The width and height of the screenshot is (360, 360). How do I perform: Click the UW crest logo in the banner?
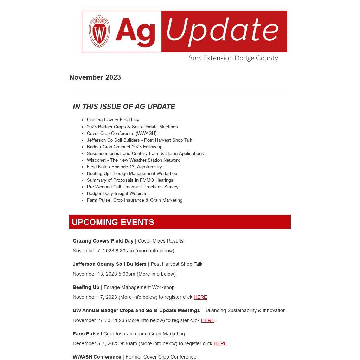pyautogui.click(x=99, y=31)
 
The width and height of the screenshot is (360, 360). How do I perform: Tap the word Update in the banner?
pyautogui.click(x=222, y=31)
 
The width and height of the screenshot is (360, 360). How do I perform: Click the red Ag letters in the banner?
pyautogui.click(x=135, y=32)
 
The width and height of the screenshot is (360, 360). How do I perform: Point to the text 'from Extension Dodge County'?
pyautogui.click(x=233, y=58)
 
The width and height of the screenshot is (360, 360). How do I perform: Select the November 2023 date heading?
pyautogui.click(x=95, y=77)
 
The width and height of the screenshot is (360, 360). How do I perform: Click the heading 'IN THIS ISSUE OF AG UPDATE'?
pyautogui.click(x=124, y=107)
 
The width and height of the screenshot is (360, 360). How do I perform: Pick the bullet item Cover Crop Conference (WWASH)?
pyautogui.click(x=122, y=133)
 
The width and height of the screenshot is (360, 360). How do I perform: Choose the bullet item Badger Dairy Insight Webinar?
pyautogui.click(x=116, y=193)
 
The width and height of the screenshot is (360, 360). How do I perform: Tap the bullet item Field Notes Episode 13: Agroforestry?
pyautogui.click(x=124, y=167)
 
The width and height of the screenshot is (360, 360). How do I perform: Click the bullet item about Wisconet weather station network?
pyautogui.click(x=133, y=160)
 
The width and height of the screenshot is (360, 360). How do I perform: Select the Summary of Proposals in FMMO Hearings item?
pyautogui.click(x=130, y=180)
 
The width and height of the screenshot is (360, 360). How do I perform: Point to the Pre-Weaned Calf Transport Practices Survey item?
pyautogui.click(x=133, y=187)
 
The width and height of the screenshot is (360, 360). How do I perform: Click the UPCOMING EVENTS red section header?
pyautogui.click(x=180, y=222)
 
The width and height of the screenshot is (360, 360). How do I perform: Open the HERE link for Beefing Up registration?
pyautogui.click(x=200, y=297)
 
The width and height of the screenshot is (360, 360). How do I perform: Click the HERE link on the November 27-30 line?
pyautogui.click(x=208, y=320)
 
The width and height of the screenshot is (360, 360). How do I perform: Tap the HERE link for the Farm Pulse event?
pyautogui.click(x=220, y=343)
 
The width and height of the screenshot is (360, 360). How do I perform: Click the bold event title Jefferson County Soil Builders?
pyautogui.click(x=109, y=264)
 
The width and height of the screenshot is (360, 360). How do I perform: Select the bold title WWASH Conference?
pyautogui.click(x=97, y=357)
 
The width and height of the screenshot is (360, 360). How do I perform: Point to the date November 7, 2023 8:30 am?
pyautogui.click(x=103, y=251)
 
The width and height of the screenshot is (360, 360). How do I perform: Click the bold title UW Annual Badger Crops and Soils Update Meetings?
pyautogui.click(x=136, y=310)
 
